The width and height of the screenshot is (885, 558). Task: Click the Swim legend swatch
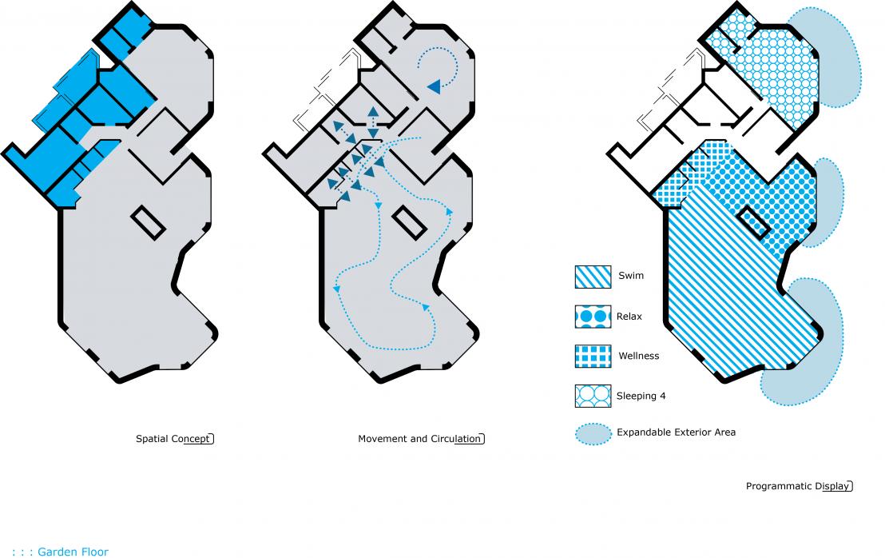pos(593,277)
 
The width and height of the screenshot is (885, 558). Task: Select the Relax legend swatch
pos(593,317)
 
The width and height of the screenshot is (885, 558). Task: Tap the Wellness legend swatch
pos(593,357)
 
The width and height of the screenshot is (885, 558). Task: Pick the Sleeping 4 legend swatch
pos(593,396)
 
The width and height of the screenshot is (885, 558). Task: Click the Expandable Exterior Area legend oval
pos(593,434)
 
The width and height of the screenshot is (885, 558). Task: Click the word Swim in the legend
pos(631,276)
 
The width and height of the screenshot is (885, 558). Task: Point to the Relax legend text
pos(629,317)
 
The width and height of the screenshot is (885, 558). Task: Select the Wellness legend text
pos(639,356)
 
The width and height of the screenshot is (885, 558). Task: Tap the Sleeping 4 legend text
pos(641,396)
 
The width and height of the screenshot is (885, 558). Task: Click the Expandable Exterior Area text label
pos(677,432)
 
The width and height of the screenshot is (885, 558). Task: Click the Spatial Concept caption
pos(173,439)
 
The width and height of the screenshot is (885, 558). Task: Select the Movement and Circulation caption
pos(420,439)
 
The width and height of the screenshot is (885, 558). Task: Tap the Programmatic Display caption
pos(798,486)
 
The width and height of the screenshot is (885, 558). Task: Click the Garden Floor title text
pos(73,552)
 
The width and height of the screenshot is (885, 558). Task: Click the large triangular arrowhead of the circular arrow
pos(434,86)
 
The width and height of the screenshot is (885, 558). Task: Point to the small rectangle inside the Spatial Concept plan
pos(148,223)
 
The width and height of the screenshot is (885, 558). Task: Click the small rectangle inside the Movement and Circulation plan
pos(409,223)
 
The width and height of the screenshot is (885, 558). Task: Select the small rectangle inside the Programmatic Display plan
pos(754,222)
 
